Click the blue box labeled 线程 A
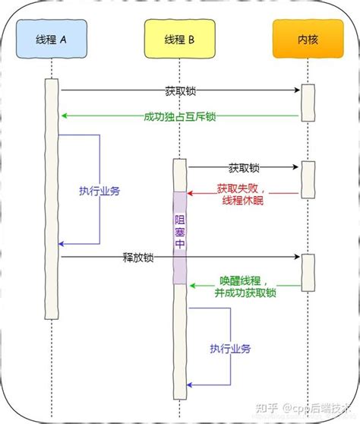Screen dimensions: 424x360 (x=52, y=39)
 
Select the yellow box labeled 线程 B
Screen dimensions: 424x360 (x=179, y=39)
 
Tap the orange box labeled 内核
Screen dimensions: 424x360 (x=307, y=39)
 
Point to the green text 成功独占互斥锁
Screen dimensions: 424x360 (x=180, y=116)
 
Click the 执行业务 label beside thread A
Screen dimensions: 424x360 (x=99, y=191)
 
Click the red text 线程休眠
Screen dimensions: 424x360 (x=237, y=200)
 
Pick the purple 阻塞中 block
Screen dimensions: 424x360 (x=179, y=237)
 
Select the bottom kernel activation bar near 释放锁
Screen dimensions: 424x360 (x=308, y=271)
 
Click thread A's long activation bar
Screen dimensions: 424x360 (x=52, y=198)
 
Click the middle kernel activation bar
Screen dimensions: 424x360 (x=308, y=179)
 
